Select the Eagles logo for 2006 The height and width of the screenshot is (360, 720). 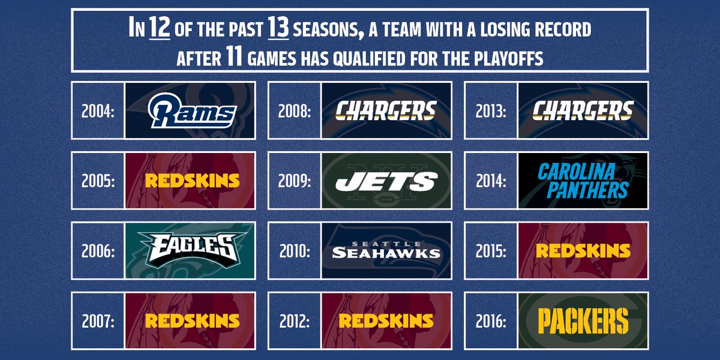190,250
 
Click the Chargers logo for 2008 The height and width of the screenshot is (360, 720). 386,110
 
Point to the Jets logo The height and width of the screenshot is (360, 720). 386,181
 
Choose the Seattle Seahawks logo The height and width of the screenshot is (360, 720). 386,250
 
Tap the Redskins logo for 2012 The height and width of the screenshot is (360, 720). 386,320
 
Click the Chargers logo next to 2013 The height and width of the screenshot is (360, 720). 583,110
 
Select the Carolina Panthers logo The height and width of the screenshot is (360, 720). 583,181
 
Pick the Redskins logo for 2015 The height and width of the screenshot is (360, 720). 583,250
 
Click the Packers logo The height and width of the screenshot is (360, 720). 583,320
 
